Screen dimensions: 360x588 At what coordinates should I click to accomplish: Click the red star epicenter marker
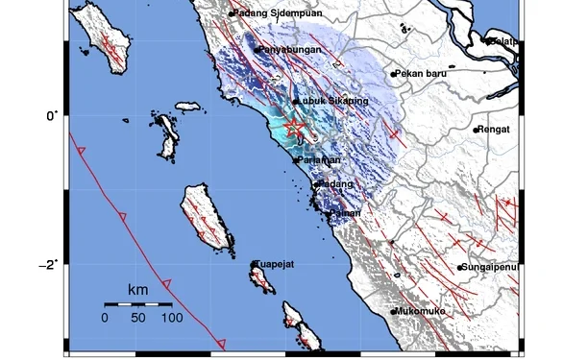pos(295,129)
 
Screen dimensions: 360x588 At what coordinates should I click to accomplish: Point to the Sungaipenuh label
pos(491,267)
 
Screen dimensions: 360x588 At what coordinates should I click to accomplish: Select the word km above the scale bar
pos(138,289)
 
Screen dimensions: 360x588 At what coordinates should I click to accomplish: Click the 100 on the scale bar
pos(171,317)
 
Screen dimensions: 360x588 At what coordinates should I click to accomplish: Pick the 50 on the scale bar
pos(138,317)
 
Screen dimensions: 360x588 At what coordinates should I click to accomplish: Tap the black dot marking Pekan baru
pos(393,74)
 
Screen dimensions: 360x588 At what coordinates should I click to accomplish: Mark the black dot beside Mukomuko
pos(394,311)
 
